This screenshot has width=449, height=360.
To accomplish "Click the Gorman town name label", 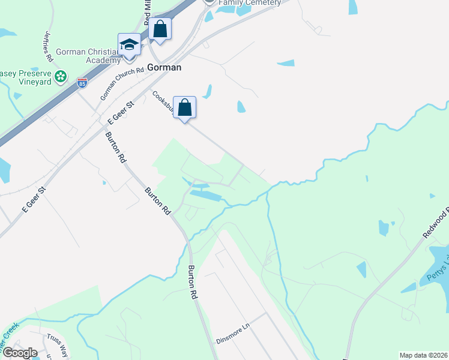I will [164, 67].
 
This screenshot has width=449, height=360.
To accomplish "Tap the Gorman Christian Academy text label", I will [88, 56].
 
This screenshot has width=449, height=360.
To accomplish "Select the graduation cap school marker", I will [129, 45].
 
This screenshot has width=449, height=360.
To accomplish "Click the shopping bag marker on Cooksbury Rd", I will [185, 108].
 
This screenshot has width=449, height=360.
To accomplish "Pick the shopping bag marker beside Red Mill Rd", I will [160, 29].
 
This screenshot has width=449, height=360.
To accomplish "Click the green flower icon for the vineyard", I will [60, 77].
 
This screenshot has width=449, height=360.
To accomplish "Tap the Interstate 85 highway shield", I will [82, 83].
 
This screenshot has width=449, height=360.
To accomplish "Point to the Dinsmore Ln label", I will [232, 335].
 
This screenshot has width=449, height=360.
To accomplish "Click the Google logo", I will [20, 353].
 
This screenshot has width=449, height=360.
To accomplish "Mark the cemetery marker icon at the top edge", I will [209, 2].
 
